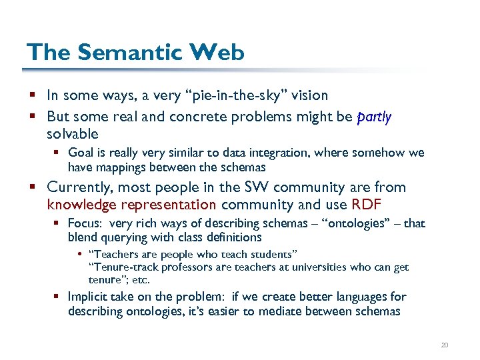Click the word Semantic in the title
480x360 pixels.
(x=119, y=51)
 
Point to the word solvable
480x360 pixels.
(x=73, y=134)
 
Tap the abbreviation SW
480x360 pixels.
(x=252, y=187)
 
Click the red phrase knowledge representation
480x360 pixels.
(x=132, y=205)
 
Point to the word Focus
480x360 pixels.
(x=84, y=223)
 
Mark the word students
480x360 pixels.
(x=271, y=254)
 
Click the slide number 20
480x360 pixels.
(x=445, y=345)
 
